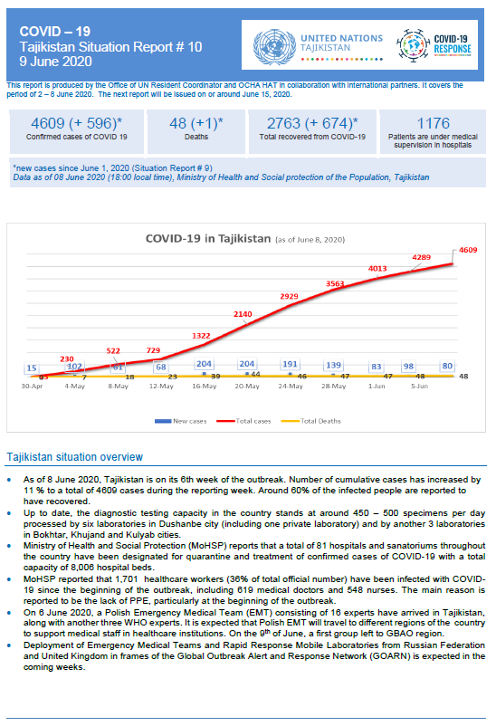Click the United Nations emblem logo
[x=274, y=47]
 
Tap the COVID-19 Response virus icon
[x=413, y=45]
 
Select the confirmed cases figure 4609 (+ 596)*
[x=76, y=123]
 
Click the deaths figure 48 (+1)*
[x=196, y=123]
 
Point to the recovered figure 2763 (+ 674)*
[x=312, y=123]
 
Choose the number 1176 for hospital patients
[x=433, y=123]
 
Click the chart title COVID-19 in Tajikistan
[x=208, y=238]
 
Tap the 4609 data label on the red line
[x=468, y=250]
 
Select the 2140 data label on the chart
[x=243, y=314]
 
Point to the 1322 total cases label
[x=201, y=336]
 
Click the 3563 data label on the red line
[x=335, y=284]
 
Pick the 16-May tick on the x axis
[x=205, y=387]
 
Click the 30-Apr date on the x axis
[x=32, y=387]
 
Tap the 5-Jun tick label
[x=420, y=387]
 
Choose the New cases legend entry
[x=181, y=421]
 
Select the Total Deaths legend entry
[x=311, y=421]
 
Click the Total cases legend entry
[x=243, y=421]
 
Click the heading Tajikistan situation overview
[x=74, y=457]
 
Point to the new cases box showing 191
[x=290, y=364]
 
